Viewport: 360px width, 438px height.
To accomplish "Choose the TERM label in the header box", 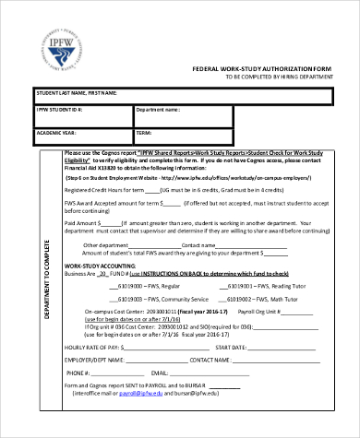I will (x=145, y=131).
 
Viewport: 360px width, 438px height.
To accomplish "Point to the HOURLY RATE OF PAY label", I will (x=99, y=347).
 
